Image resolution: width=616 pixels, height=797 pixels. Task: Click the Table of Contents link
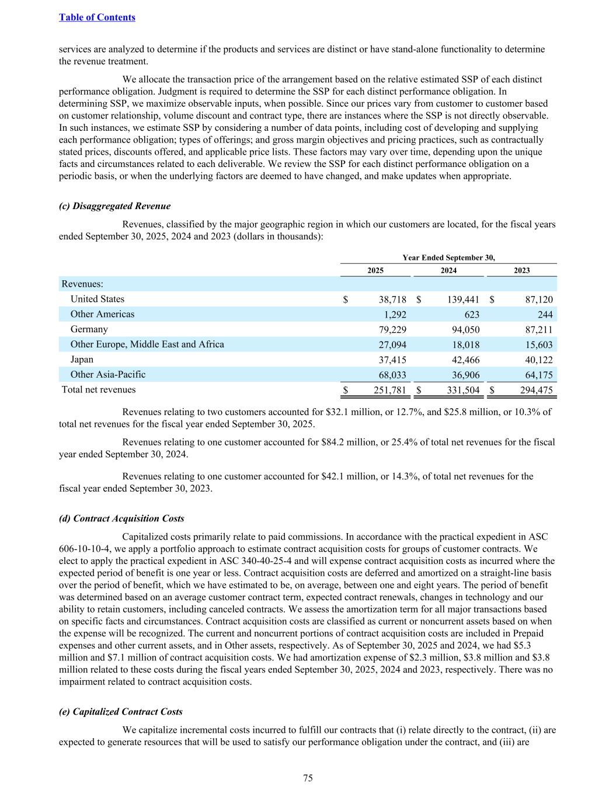(x=97, y=18)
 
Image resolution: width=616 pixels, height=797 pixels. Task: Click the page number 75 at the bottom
(x=308, y=778)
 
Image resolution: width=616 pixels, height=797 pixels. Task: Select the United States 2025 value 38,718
(x=392, y=300)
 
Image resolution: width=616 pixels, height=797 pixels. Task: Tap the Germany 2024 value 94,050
(x=465, y=330)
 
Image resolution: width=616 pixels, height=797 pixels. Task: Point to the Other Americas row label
(x=102, y=314)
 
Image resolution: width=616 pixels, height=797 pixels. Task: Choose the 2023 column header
(x=521, y=270)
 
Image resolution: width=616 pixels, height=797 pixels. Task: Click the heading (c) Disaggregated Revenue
(x=115, y=206)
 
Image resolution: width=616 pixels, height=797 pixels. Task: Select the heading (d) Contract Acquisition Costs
(x=121, y=518)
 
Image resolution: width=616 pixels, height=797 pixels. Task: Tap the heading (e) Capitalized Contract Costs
(x=121, y=712)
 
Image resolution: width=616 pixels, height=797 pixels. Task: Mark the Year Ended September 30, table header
(x=448, y=257)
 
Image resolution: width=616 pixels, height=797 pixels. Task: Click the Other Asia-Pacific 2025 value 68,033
(x=392, y=375)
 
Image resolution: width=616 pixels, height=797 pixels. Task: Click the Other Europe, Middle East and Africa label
(x=147, y=344)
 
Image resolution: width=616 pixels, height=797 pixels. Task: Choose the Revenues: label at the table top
(x=82, y=284)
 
